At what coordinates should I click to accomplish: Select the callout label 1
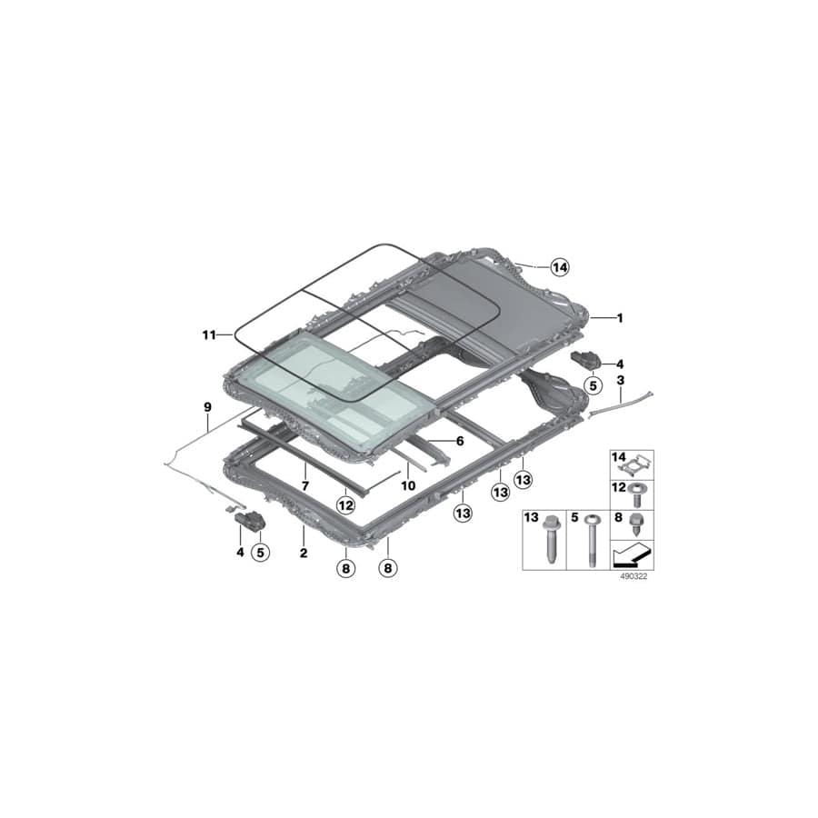620,318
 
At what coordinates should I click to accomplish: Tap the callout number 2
303,552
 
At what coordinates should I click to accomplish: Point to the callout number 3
620,378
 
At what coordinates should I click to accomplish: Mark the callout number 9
207,407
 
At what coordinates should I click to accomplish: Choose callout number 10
409,485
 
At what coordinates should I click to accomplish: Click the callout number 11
209,335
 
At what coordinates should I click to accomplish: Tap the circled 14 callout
558,267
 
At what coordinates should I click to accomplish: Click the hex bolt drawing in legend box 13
552,543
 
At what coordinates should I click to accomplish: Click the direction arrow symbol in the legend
633,554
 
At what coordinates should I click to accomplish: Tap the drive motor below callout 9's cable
248,520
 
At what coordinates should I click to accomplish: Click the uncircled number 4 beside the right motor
621,364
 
